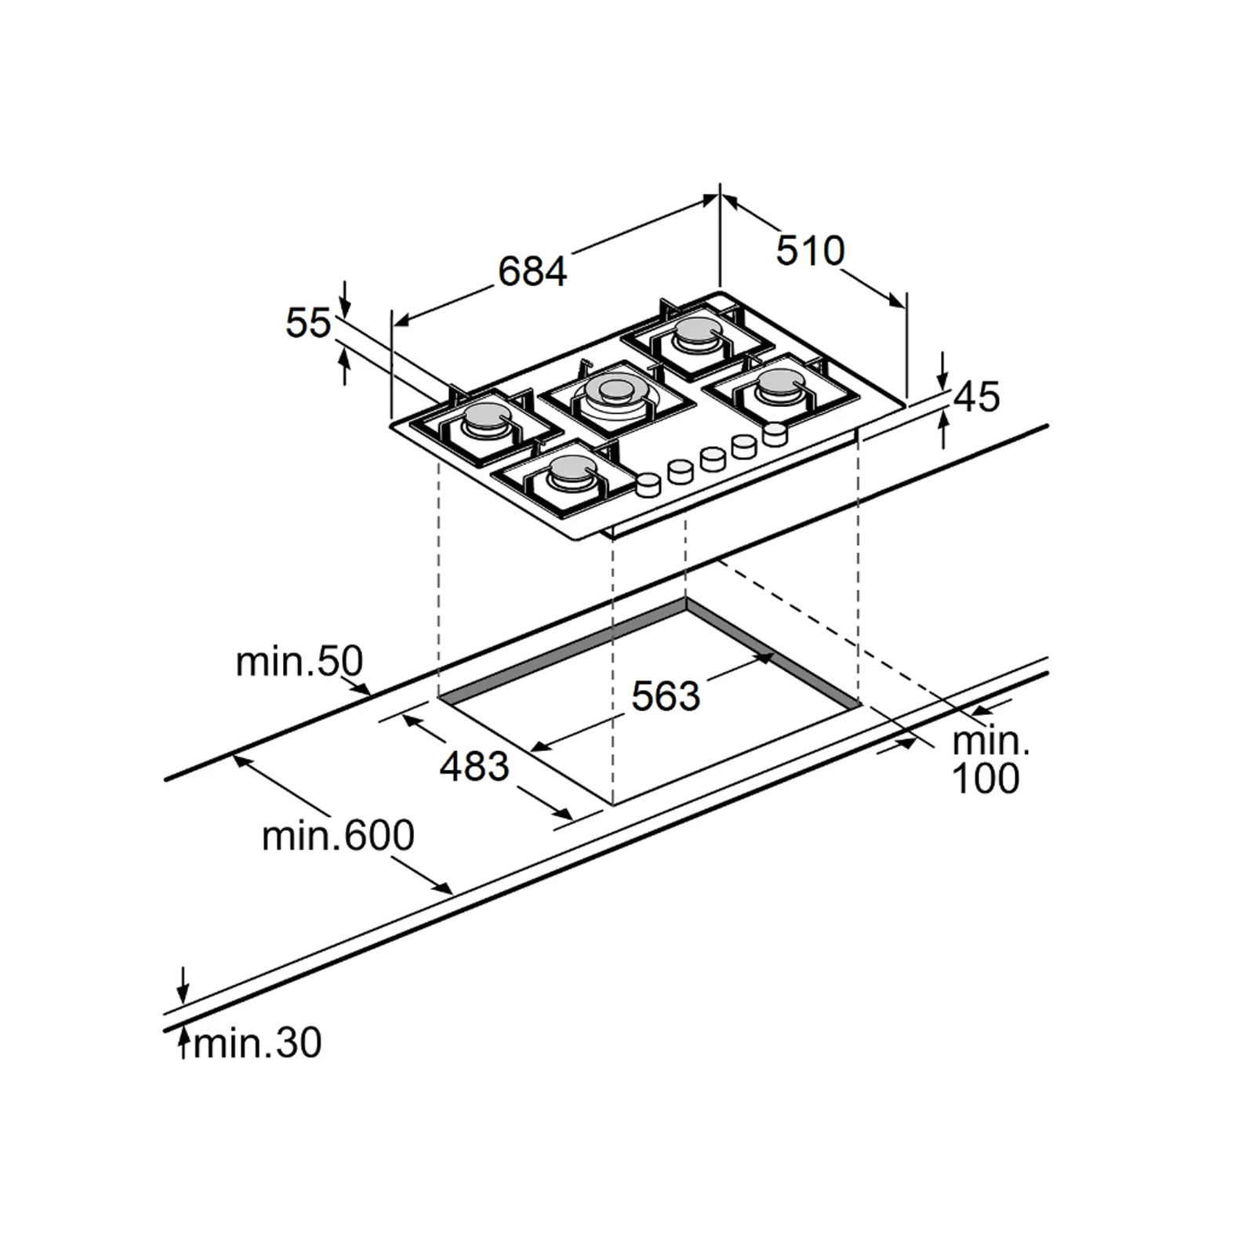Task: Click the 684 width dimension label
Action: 532,271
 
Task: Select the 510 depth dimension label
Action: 811,250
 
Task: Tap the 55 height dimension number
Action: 308,322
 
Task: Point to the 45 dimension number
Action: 978,397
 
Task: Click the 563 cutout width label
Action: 666,695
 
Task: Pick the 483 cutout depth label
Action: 474,766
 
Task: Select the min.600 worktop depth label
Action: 338,836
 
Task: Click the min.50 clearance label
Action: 299,662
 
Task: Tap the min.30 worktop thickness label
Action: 257,1044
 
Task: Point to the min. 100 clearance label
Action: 987,760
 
